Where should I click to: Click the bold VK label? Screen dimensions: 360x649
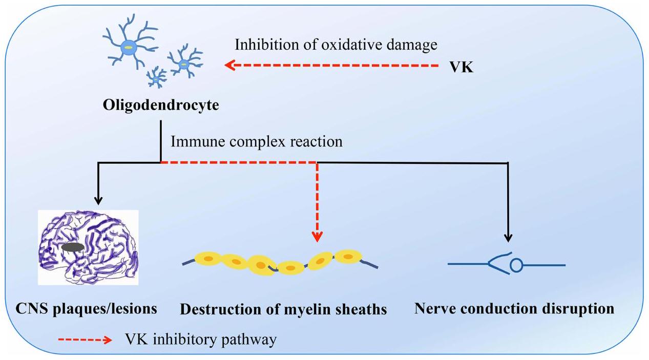coord(461,67)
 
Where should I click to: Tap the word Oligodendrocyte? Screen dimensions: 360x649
coord(161,105)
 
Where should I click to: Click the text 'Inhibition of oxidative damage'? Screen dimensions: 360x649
coord(336,45)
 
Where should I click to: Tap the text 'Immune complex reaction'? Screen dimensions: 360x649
coord(256,141)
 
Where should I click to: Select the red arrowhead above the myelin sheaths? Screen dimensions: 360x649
coord(318,236)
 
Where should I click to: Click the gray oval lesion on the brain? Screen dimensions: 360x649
coord(73,247)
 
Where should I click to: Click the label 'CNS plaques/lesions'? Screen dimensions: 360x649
coord(86,309)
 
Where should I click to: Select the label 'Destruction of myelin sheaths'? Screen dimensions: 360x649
coord(283,310)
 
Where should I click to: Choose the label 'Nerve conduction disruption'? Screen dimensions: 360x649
coord(514,309)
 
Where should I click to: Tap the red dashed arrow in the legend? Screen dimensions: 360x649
coord(85,340)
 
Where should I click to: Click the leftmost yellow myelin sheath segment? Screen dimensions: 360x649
coord(206,260)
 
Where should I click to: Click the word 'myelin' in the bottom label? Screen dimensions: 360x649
coord(312,310)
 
